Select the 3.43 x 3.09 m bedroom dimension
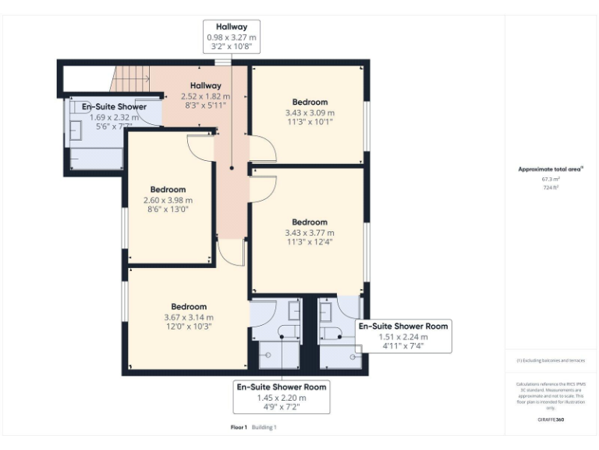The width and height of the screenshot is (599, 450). tap(310, 112)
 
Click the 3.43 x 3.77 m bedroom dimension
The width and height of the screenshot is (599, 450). tap(310, 233)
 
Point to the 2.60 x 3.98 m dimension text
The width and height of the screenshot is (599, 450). tap(167, 200)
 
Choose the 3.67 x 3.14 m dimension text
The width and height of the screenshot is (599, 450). tap(188, 317)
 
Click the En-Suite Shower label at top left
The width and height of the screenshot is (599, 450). tap(114, 107)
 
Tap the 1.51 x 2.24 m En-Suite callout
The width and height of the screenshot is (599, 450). tap(402, 337)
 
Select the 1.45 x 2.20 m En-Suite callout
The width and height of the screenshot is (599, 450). tap(282, 398)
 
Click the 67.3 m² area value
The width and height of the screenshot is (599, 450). tap(551, 179)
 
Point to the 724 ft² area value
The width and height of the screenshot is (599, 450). tap(551, 187)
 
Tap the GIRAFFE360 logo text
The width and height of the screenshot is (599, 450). tap(551, 420)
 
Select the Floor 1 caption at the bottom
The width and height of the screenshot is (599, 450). tap(239, 427)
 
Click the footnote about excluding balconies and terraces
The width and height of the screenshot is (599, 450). tap(551, 360)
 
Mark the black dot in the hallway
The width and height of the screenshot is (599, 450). tap(232, 167)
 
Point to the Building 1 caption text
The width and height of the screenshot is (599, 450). tap(264, 427)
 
